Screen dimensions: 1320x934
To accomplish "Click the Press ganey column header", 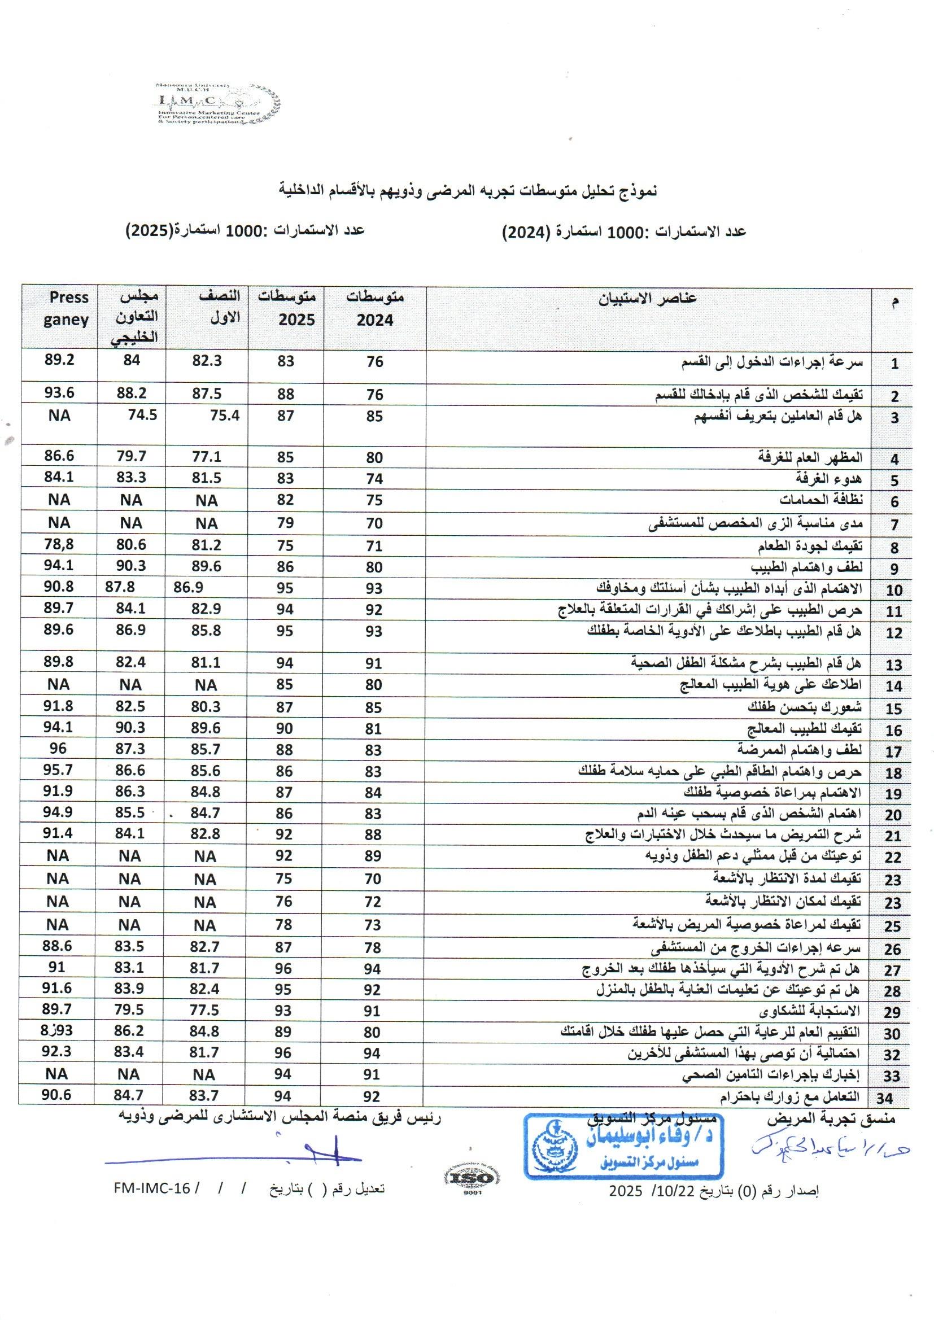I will click(67, 309).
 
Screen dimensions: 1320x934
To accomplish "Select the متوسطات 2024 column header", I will click(374, 309).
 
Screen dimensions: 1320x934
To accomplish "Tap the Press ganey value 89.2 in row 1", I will click(59, 360).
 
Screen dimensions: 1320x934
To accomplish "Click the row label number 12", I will click(894, 633).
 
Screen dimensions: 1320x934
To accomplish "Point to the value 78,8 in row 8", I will click(59, 544).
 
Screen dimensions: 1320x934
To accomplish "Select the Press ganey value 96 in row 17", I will click(58, 749).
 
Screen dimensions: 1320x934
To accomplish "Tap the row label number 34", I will click(884, 1098).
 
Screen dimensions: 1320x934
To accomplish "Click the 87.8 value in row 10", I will click(120, 587).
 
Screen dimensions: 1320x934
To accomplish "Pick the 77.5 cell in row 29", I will click(205, 1010).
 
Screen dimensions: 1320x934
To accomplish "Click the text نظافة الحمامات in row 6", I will click(820, 500).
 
